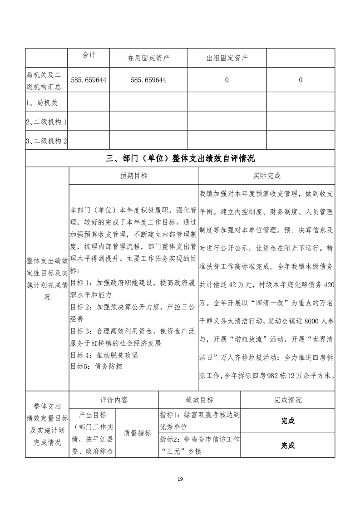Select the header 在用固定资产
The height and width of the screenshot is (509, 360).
pos(148,58)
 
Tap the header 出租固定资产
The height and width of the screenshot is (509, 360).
pos(227,58)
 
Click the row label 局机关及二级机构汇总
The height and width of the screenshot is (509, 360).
pos(47,79)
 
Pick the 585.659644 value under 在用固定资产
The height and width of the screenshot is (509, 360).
pos(148,80)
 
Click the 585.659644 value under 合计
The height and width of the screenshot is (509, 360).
pos(89,80)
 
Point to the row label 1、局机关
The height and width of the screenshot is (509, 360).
pos(40,103)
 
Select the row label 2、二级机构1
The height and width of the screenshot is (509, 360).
pos(47,122)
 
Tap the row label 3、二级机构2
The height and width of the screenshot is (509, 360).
pos(47,141)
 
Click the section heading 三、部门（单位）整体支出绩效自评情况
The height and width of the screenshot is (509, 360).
pos(180,158)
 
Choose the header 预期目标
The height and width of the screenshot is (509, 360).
pos(133,176)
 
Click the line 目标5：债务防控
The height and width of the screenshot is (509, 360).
pos(96,366)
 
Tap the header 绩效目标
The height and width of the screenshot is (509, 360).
pos(200,400)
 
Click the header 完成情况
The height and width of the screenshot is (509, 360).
pos(288,400)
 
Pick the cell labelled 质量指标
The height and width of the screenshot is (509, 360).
pos(137,433)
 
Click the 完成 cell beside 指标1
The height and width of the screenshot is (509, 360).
pos(288,421)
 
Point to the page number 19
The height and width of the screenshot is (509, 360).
pos(180,479)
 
